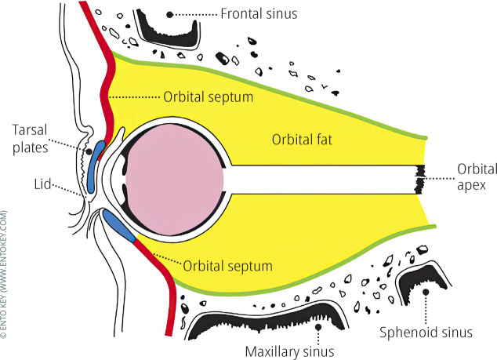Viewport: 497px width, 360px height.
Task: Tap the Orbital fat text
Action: click(x=303, y=140)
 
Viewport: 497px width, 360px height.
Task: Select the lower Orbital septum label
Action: click(x=229, y=266)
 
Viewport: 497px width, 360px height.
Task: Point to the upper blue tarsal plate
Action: click(x=96, y=162)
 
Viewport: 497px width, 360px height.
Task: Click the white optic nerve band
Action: click(x=321, y=180)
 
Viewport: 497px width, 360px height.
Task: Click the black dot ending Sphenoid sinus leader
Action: click(x=427, y=291)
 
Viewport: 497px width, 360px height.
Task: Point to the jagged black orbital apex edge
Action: click(x=419, y=180)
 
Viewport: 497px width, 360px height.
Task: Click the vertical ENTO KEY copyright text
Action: click(x=6, y=275)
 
